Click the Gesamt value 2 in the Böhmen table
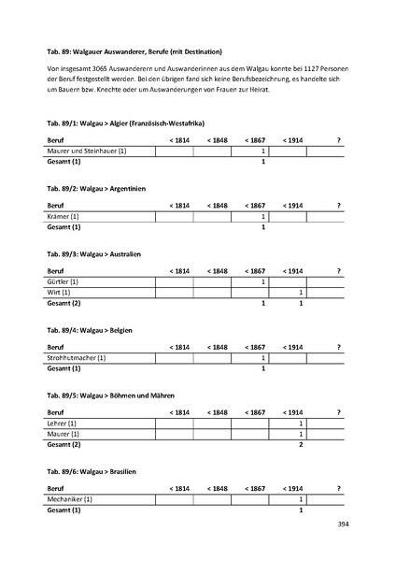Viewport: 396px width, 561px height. coord(301,444)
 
